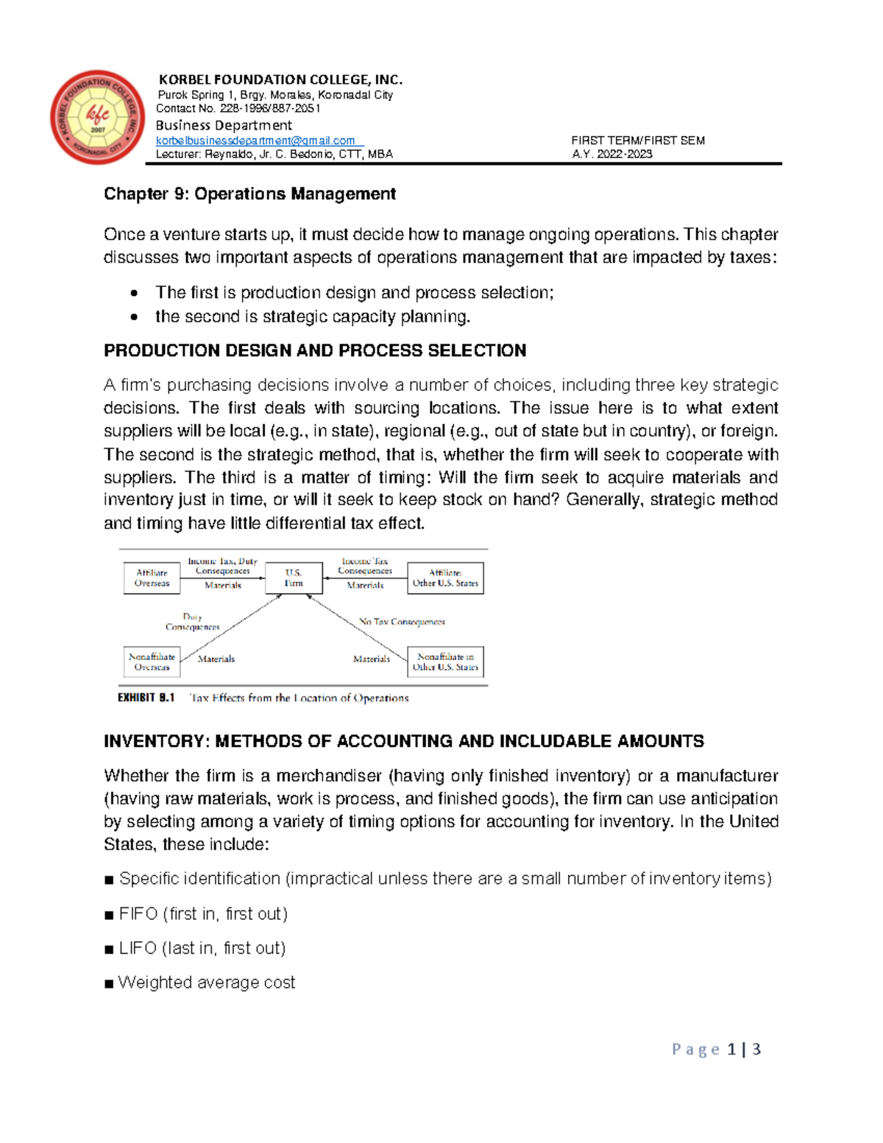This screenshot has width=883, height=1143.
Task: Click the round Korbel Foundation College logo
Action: coord(97,117)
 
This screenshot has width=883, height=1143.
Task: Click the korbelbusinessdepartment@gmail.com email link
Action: coord(255,141)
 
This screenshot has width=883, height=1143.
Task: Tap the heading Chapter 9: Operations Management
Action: coord(249,194)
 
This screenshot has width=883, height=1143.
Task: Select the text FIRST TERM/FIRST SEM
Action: coord(637,141)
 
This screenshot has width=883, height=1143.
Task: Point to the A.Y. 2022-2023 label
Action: coord(611,154)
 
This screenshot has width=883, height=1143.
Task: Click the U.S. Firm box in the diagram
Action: coord(294,578)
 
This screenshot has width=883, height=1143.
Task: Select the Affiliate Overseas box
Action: coord(152,578)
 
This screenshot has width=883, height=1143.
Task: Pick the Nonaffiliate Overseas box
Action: coord(152,662)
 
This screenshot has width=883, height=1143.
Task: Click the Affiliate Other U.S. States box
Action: coord(445,578)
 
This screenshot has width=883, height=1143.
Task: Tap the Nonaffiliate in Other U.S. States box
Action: coord(445,662)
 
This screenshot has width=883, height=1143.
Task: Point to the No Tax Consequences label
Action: coord(402,622)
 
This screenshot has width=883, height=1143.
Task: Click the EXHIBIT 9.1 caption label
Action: coord(146,698)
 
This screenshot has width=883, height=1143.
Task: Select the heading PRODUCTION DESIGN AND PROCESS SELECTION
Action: coord(315,350)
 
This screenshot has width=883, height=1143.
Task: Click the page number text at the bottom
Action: coord(716,1050)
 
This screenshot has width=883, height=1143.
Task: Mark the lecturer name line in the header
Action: coord(274,154)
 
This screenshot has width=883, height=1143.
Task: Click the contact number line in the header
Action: coord(238,108)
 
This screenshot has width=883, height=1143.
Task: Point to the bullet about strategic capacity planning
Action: coord(312,316)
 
